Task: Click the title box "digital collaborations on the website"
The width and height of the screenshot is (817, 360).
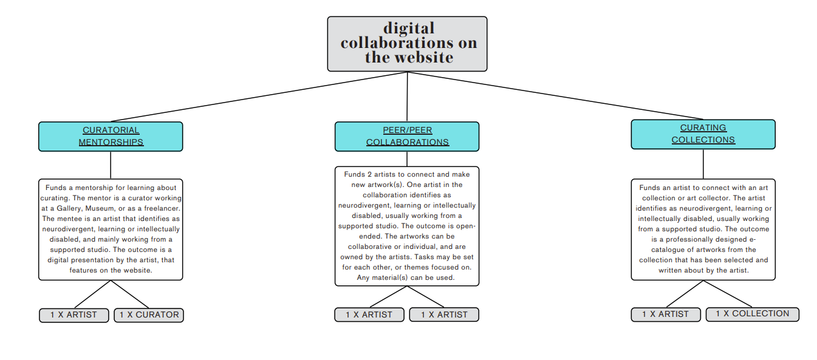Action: (x=407, y=44)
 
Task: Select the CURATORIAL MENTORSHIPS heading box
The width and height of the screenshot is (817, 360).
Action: (x=111, y=136)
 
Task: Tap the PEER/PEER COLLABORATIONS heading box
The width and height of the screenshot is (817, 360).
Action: (x=407, y=136)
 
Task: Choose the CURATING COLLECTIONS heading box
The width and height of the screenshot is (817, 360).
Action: (x=703, y=134)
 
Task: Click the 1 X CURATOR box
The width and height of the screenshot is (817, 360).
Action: (x=149, y=315)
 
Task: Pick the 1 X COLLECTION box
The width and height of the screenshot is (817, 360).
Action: (x=752, y=314)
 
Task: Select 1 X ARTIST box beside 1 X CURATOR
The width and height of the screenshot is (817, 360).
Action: (x=74, y=315)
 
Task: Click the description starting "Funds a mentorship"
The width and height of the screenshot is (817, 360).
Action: (x=111, y=229)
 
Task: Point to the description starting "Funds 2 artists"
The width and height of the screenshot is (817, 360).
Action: (x=407, y=226)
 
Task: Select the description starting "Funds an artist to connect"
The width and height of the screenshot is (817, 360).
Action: (x=703, y=229)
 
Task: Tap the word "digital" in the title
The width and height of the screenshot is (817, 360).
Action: (x=409, y=29)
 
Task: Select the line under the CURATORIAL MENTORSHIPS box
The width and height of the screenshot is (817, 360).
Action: (x=111, y=165)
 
